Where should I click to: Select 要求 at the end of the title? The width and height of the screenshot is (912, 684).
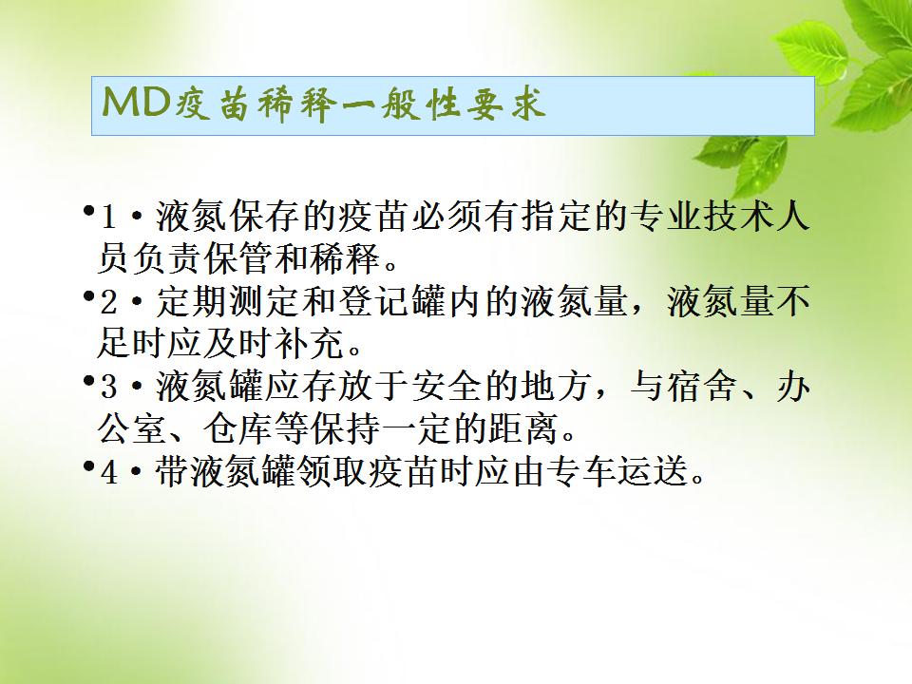point(506,104)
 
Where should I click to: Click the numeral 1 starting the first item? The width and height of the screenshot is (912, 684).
point(107,217)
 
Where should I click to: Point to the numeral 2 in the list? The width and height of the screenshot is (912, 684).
point(108,302)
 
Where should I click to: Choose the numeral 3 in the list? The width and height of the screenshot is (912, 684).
point(108,388)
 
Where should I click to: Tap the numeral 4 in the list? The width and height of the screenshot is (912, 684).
point(108,472)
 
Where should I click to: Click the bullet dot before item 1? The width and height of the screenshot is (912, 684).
point(89,210)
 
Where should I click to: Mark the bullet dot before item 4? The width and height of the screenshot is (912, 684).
point(89,465)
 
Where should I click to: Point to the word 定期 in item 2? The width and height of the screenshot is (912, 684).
point(192,302)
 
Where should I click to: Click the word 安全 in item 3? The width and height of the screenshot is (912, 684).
point(446,387)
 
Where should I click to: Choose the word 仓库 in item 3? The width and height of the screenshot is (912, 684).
point(239,429)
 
